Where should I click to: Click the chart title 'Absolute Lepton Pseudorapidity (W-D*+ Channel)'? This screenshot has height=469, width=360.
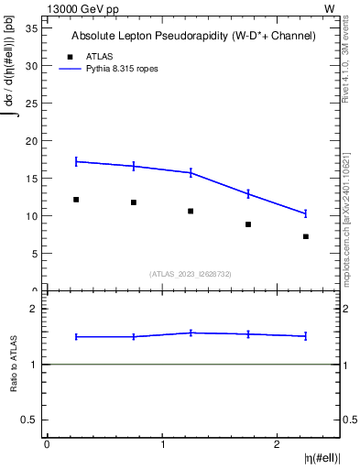click(193, 36)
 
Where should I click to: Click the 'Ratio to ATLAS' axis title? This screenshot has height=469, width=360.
click(14, 364)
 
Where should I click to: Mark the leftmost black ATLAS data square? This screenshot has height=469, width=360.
click(76, 199)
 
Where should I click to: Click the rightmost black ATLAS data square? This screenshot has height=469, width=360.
click(306, 236)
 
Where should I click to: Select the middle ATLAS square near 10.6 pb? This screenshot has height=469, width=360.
click(191, 211)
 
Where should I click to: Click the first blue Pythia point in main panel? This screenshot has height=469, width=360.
click(76, 161)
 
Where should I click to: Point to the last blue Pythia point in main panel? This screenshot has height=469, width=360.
click(306, 213)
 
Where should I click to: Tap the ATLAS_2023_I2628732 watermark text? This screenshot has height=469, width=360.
click(191, 273)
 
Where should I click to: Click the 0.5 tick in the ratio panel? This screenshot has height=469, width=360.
click(32, 420)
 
